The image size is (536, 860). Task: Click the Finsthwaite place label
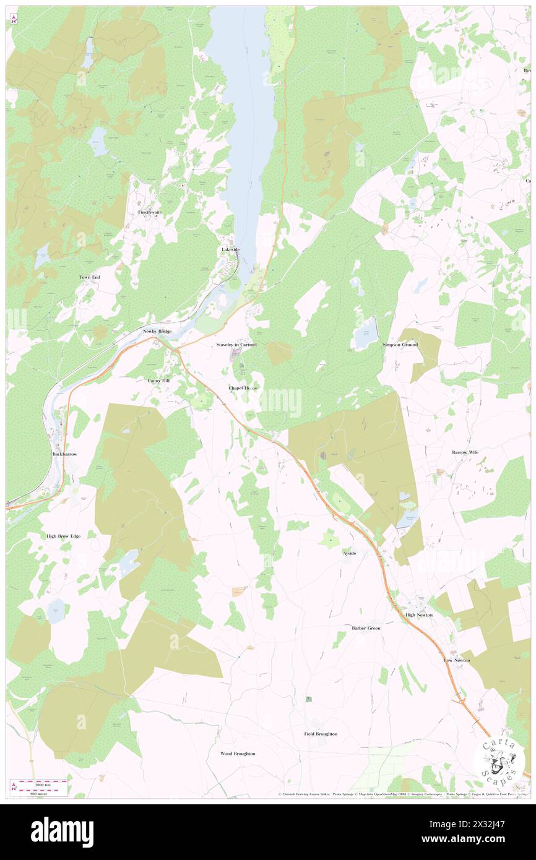coord(150,212)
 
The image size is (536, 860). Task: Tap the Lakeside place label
coord(231,249)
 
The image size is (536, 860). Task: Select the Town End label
coord(90,277)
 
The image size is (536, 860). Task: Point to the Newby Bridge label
coord(157,332)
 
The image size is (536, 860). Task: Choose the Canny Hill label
coord(158,381)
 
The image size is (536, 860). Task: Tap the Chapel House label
coord(243,388)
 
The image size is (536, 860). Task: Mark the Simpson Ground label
coord(400,345)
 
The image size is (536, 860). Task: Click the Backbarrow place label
coord(64,454)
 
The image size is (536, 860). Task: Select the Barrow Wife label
coord(465,452)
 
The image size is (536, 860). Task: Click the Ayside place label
coord(350,553)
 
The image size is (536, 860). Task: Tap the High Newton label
coord(419,615)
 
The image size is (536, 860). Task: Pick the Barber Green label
coord(366,628)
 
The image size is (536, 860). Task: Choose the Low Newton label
coord(457,660)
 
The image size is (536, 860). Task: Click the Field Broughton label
coord(321,734)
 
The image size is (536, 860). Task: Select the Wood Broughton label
coord(238,754)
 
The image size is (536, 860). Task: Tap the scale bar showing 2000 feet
coord(41,782)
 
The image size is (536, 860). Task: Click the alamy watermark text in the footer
coord(62,832)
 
